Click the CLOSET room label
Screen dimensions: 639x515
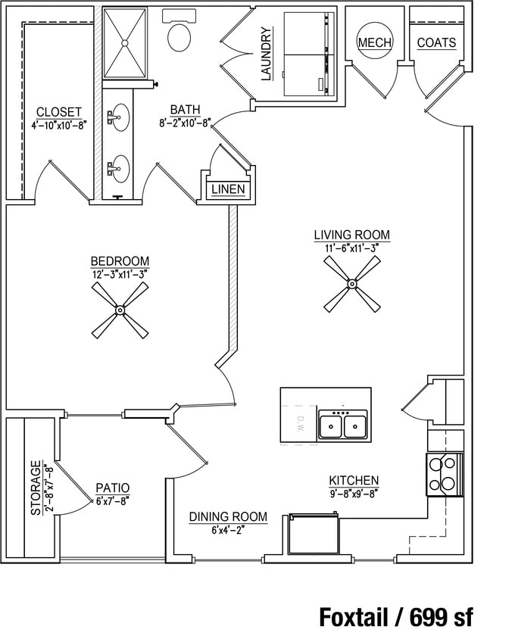tap(58, 112)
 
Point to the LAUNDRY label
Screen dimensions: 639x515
tap(266, 55)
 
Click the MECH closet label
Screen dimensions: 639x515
tap(374, 42)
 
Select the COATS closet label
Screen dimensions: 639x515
tap(436, 42)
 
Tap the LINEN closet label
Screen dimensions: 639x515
tap(228, 189)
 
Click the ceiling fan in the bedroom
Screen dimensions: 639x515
tap(120, 310)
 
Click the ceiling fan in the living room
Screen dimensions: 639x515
tap(352, 284)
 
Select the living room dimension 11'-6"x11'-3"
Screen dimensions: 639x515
tap(351, 248)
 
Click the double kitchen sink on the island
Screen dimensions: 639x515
tap(343, 425)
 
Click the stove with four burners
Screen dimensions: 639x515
tap(445, 475)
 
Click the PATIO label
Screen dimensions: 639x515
tap(112, 488)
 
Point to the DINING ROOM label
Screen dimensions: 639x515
tap(228, 517)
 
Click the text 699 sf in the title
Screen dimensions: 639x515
tap(442, 617)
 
